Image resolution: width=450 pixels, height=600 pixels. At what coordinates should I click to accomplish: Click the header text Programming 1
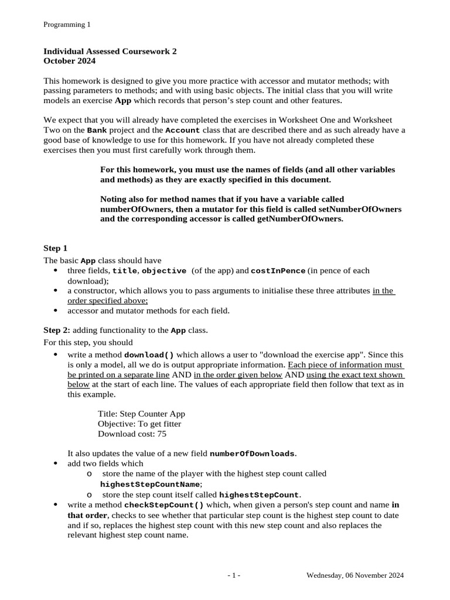tap(67, 25)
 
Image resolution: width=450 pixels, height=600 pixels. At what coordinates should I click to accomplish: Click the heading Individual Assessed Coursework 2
tap(110, 51)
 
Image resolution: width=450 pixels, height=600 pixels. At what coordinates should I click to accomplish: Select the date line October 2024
tap(70, 60)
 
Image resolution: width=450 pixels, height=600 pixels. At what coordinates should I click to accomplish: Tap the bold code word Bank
tap(97, 130)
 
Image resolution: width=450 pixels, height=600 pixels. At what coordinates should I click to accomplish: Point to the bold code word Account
tap(183, 130)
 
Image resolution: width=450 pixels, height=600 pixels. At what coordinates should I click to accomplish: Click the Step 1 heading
tap(56, 248)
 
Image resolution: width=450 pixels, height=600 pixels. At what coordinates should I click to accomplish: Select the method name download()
tap(149, 355)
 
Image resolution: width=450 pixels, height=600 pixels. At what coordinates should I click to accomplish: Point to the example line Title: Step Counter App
tap(141, 414)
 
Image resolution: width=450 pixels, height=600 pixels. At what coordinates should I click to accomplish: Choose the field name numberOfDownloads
tap(252, 454)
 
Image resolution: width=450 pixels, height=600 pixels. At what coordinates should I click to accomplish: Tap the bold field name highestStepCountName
tap(151, 485)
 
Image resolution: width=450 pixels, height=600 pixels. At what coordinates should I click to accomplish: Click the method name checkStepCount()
tap(164, 504)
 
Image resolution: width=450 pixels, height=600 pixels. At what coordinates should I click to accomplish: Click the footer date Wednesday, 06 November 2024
tap(355, 576)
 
